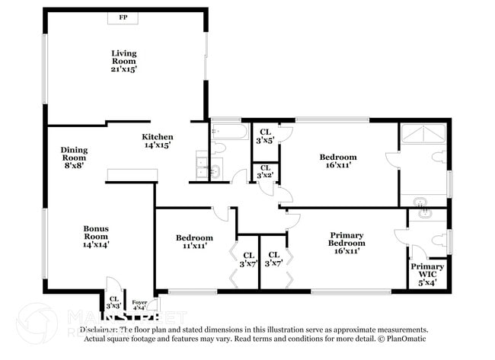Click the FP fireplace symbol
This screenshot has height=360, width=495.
(123, 18)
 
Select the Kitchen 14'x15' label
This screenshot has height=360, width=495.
(158, 141)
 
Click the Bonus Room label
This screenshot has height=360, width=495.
(97, 236)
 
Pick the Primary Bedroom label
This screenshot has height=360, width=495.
(346, 243)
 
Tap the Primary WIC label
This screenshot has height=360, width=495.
(427, 271)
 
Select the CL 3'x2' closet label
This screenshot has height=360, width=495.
(265, 171)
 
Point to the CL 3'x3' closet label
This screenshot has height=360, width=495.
(113, 302)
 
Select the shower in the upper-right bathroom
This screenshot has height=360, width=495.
(423, 134)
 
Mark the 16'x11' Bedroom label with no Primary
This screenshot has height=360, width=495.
(338, 161)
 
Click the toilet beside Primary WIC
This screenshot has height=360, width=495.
(437, 241)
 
